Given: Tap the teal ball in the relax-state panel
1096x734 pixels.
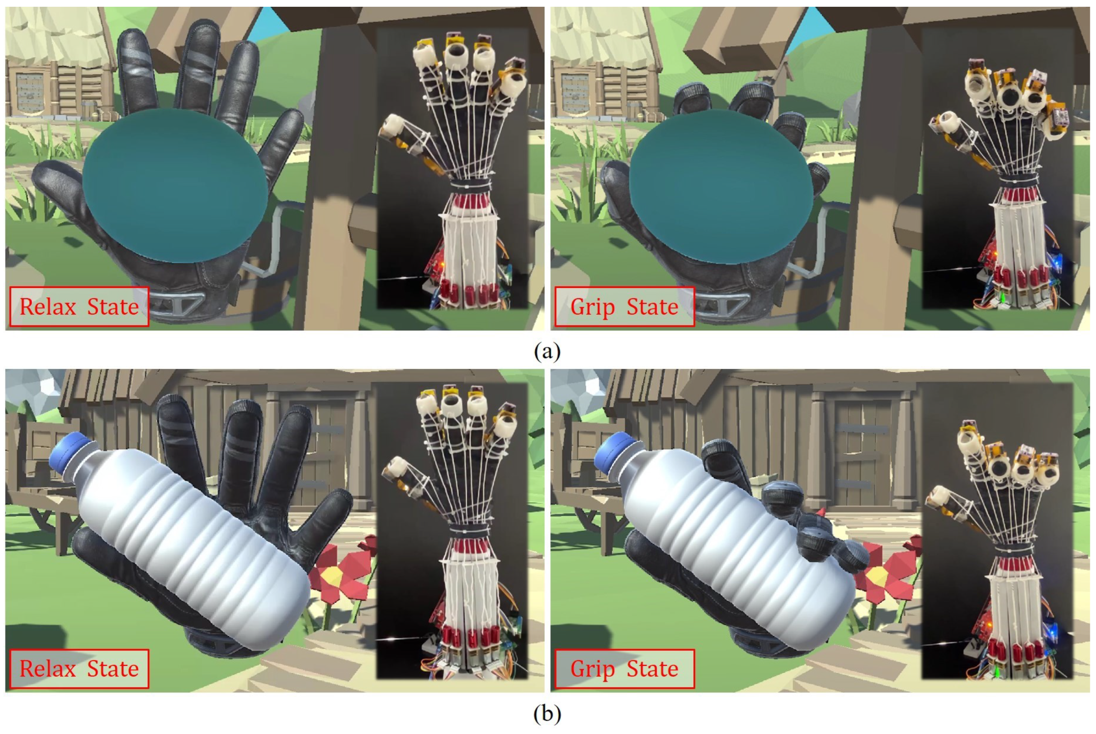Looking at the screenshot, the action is (x=176, y=186).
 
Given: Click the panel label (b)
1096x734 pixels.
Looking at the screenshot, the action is (x=547, y=713).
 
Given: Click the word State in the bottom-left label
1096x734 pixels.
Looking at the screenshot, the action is (x=113, y=669).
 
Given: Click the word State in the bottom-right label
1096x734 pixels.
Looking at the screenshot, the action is (x=652, y=669).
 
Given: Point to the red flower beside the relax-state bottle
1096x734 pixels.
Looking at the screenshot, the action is (x=342, y=572).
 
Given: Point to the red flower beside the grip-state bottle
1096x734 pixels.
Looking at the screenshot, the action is (x=885, y=572).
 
